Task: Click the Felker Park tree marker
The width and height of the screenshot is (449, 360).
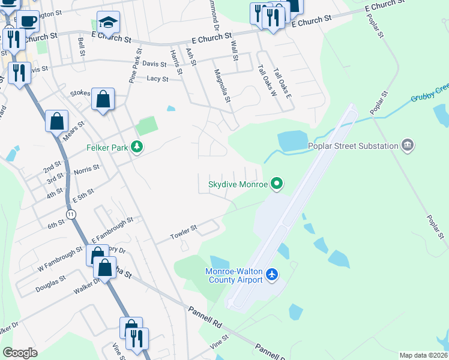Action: coord(137,146)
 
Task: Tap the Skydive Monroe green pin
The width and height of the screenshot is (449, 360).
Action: coord(276,184)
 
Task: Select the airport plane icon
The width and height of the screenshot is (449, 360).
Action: coord(273,275)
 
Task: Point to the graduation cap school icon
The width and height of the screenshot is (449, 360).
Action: coord(109,23)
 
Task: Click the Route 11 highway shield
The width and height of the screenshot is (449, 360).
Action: coord(71,214)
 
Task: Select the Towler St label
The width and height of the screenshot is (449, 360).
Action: coord(184,229)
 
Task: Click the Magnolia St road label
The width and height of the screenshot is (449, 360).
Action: coord(223,85)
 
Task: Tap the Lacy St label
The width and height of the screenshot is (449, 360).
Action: coord(157,79)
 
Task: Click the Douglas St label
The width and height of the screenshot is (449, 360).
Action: coord(51,282)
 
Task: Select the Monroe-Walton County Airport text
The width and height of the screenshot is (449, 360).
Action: coord(234,275)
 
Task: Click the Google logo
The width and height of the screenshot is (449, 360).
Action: coord(20,353)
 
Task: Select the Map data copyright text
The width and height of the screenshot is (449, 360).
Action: coord(423,355)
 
